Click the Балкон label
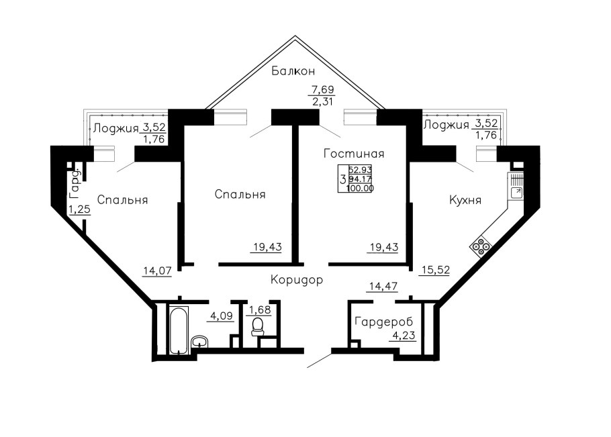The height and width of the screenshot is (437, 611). [x=293, y=71]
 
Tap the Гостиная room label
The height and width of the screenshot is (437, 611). [x=354, y=154]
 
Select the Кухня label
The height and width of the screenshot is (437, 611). [x=465, y=200]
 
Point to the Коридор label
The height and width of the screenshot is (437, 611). [x=297, y=280]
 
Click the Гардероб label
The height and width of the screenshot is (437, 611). [x=384, y=322]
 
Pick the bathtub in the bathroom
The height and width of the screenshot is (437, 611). [x=179, y=330]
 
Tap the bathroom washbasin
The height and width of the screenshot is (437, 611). [x=200, y=341]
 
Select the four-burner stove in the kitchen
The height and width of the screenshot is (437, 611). [x=481, y=247]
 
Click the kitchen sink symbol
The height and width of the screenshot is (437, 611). [x=517, y=191]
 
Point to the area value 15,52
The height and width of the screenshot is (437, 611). [x=434, y=270]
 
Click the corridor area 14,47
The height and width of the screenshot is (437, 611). [x=383, y=286]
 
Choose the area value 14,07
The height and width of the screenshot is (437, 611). [x=157, y=271]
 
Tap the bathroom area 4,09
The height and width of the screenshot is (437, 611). [x=222, y=315]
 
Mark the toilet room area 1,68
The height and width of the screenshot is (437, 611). [x=260, y=310]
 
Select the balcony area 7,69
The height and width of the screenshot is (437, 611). [x=322, y=89]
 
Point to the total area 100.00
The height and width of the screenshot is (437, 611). [x=360, y=188]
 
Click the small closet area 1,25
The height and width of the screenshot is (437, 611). [x=80, y=209]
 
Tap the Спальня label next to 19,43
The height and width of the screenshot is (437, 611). [x=240, y=195]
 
